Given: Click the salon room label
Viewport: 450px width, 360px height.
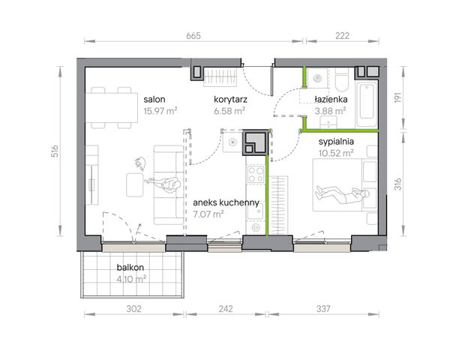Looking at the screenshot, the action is pyautogui.click(x=154, y=100).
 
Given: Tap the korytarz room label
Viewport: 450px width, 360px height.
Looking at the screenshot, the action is pyautogui.click(x=230, y=100).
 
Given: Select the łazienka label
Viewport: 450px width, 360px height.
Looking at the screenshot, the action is pyautogui.click(x=331, y=99).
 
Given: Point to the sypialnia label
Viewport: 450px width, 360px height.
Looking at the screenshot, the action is pyautogui.click(x=336, y=142).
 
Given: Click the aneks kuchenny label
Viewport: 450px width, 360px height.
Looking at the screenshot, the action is pyautogui.click(x=226, y=202).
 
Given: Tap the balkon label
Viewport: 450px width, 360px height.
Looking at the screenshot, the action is pyautogui.click(x=130, y=268).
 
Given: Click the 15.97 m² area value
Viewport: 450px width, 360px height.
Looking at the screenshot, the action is pyautogui.click(x=160, y=111).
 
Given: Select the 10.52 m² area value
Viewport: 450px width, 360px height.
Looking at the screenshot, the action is pyautogui.click(x=336, y=153).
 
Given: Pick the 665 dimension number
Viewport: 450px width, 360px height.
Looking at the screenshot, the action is pyautogui.click(x=193, y=36).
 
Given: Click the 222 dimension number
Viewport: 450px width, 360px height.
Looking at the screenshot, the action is pyautogui.click(x=343, y=36).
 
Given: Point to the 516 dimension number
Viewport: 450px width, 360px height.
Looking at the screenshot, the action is pyautogui.click(x=55, y=151).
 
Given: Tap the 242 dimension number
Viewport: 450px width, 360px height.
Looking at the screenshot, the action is pyautogui.click(x=226, y=309).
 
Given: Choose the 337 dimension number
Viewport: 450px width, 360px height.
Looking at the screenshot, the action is pyautogui.click(x=323, y=309).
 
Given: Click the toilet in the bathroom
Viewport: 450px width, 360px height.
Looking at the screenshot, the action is pyautogui.click(x=341, y=79).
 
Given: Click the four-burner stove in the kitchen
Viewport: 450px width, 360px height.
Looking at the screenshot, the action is pyautogui.click(x=256, y=174).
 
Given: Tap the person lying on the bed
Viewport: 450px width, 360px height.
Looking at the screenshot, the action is pyautogui.click(x=343, y=194).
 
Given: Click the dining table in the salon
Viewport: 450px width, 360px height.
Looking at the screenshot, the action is pyautogui.click(x=112, y=107).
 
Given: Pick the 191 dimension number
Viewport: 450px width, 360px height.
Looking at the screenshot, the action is pyautogui.click(x=397, y=97).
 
